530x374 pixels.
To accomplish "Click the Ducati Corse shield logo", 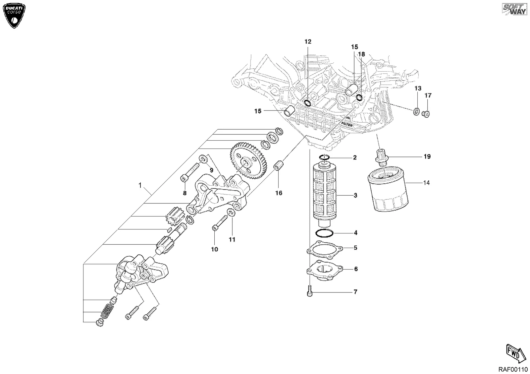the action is pos(14,16).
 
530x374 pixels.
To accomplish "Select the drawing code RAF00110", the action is pos(513,369).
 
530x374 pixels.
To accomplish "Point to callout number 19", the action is pos(427,156).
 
